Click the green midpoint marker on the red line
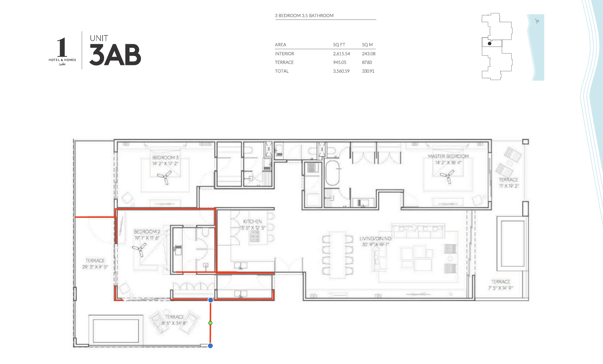point(210,323)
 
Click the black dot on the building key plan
point(489,44)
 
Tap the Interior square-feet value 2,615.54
point(341,54)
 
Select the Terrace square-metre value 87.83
point(367,62)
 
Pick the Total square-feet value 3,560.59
point(341,71)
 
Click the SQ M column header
point(367,45)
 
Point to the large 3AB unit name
point(115,55)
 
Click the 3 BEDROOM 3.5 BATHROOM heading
point(304,16)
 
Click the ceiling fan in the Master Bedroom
point(447,176)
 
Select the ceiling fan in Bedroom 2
point(140,249)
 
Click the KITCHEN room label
point(252,221)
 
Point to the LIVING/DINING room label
point(375,238)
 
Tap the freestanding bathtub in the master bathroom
point(332,173)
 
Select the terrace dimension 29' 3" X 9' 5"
point(95,267)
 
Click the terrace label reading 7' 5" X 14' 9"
point(501,288)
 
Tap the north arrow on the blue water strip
point(537,21)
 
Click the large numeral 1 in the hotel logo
point(62,47)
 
